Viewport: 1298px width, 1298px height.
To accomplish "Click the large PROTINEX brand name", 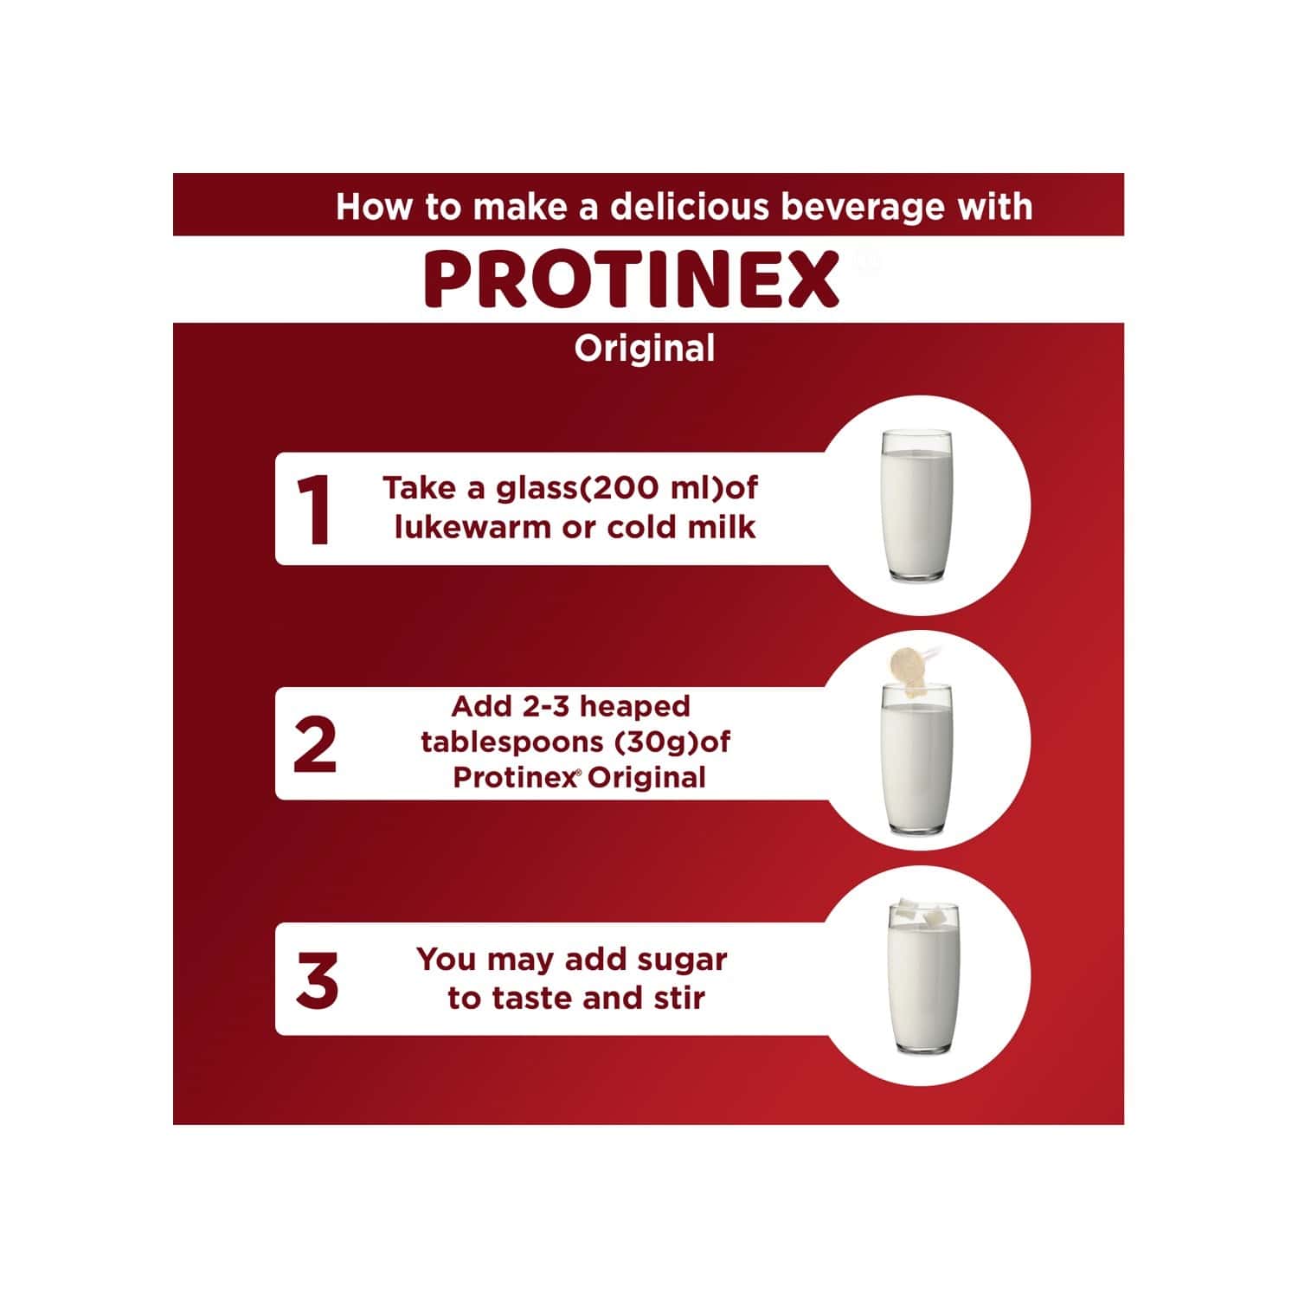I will coord(632,280).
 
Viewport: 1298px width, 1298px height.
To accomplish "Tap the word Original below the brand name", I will coord(645,349).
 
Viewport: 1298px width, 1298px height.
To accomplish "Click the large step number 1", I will coord(313,510).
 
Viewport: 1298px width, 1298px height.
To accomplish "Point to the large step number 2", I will coord(314,746).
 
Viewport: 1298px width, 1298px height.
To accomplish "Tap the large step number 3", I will coord(316,981).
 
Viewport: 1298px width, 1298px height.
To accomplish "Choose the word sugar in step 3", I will coord(682,961).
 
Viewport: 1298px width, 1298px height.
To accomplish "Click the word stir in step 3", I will coord(682,998).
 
